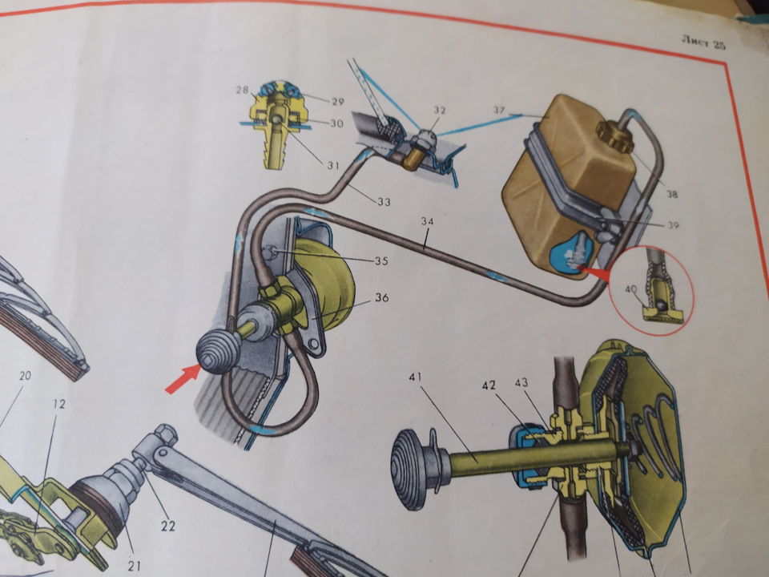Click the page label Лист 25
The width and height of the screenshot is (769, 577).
pyautogui.click(x=703, y=42)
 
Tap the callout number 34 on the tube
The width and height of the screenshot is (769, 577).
pyautogui.click(x=427, y=222)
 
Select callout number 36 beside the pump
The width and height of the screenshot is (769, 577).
pyautogui.click(x=382, y=297)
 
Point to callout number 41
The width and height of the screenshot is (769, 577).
pyautogui.click(x=414, y=377)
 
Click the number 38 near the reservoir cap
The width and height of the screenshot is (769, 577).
pyautogui.click(x=672, y=194)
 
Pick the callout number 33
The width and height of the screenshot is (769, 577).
pyautogui.click(x=384, y=201)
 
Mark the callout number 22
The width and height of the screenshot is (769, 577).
pyautogui.click(x=168, y=526)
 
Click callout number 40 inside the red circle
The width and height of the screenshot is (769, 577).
pyautogui.click(x=630, y=289)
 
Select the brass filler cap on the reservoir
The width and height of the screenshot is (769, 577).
pyautogui.click(x=614, y=137)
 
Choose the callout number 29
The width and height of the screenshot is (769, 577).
pyautogui.click(x=338, y=102)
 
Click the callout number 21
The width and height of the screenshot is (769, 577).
pyautogui.click(x=134, y=566)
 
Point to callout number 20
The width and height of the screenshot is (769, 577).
pyautogui.click(x=25, y=376)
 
